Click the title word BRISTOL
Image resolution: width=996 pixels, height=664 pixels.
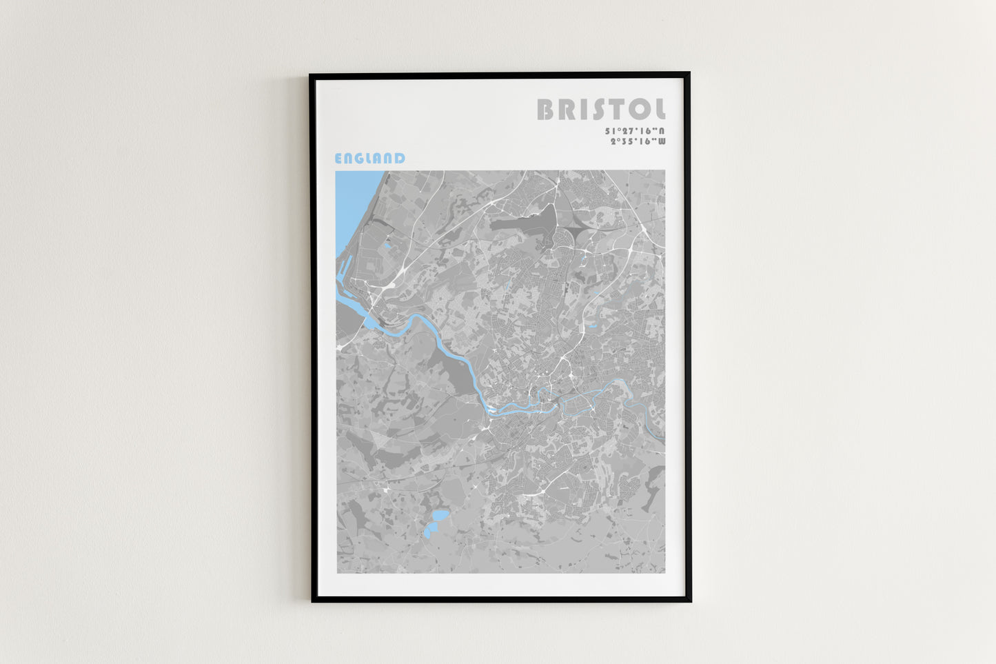[x=601, y=110]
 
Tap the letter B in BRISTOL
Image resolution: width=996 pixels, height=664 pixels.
[x=545, y=110]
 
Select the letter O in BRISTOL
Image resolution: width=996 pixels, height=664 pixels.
[x=638, y=110]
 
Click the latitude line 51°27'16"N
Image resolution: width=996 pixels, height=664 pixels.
[x=635, y=131]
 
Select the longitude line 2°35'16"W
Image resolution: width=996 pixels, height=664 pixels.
[x=638, y=142]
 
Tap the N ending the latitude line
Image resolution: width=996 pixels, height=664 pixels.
[x=662, y=131]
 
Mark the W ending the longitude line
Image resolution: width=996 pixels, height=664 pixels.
[x=662, y=142]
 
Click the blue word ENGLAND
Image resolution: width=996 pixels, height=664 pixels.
[x=369, y=159]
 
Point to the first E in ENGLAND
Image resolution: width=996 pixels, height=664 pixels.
[x=338, y=159]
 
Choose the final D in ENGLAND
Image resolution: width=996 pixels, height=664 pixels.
[x=400, y=159]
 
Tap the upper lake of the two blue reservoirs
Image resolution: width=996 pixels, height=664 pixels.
[x=439, y=516]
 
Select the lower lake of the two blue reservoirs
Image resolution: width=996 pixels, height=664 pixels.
[x=430, y=531]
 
